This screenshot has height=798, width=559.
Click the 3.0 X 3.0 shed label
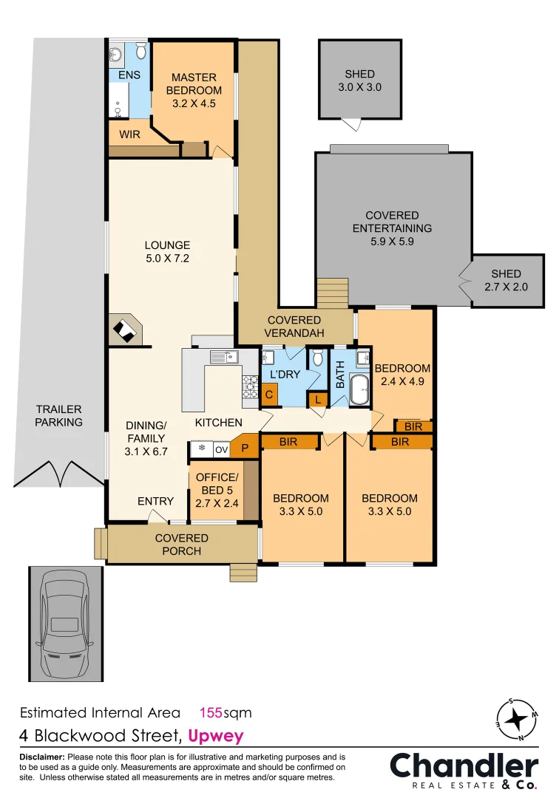(359, 80)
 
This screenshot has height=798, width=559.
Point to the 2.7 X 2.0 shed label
(506, 280)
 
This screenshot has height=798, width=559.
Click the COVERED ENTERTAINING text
(392, 228)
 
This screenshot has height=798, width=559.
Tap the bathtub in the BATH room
(359, 389)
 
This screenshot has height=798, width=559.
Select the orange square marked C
(271, 395)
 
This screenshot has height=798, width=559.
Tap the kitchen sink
(223, 358)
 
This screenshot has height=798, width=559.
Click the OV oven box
(221, 449)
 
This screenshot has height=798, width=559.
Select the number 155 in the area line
(212, 713)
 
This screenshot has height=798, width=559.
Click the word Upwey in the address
(216, 736)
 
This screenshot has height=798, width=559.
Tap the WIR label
(129, 134)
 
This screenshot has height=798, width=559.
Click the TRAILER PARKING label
(58, 415)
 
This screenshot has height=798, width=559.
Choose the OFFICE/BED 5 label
(217, 489)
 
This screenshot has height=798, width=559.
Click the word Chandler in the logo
(464, 765)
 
